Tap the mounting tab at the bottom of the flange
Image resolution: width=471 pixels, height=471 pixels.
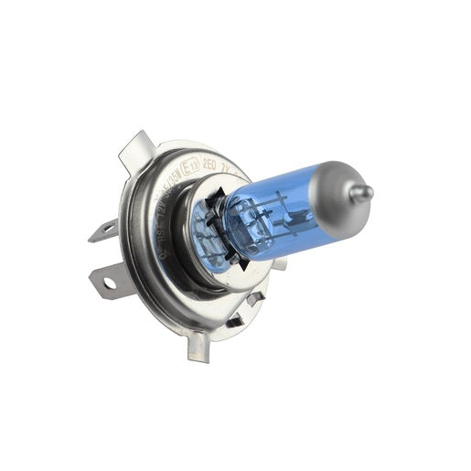198,348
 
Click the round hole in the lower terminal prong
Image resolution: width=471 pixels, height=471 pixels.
109,284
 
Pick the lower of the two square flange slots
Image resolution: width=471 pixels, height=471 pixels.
235,321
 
